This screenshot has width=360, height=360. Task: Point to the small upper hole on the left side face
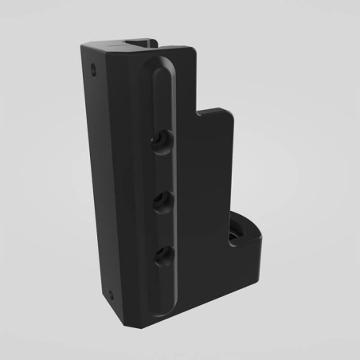[95, 69]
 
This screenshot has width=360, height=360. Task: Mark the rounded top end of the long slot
[155, 68]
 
